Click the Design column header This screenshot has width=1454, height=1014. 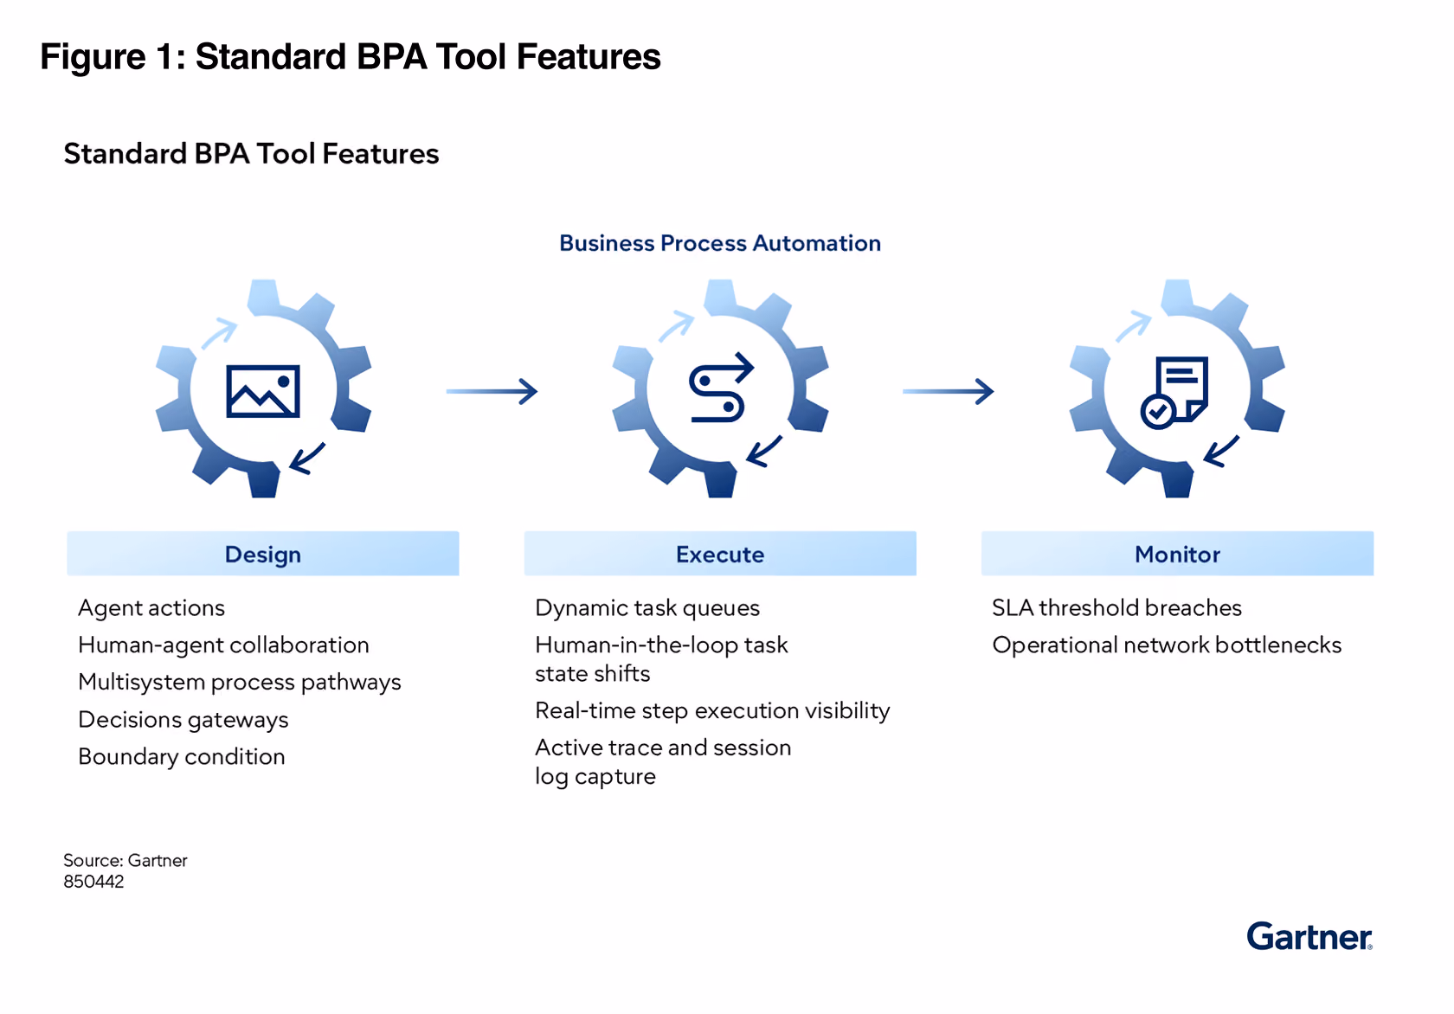click(263, 554)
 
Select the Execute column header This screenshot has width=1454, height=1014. click(720, 554)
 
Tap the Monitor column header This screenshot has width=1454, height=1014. click(1177, 554)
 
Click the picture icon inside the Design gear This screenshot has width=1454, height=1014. click(263, 391)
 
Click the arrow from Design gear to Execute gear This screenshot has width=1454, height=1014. click(492, 391)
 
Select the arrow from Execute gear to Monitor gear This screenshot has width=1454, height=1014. click(949, 391)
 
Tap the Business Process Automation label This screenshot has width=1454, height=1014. click(720, 242)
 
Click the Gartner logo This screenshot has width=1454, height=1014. click(1309, 936)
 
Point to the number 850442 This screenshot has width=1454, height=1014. click(93, 882)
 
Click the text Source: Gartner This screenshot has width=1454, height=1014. click(125, 860)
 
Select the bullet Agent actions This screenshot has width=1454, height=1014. click(151, 608)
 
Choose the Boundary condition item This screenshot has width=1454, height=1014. click(181, 756)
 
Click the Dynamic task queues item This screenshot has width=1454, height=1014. click(647, 608)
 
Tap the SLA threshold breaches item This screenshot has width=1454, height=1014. click(1116, 608)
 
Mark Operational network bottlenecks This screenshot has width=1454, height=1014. click(1167, 645)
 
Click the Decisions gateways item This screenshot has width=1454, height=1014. click(183, 720)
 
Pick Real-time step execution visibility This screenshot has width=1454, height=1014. click(712, 710)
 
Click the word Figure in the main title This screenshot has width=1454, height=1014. click(93, 57)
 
